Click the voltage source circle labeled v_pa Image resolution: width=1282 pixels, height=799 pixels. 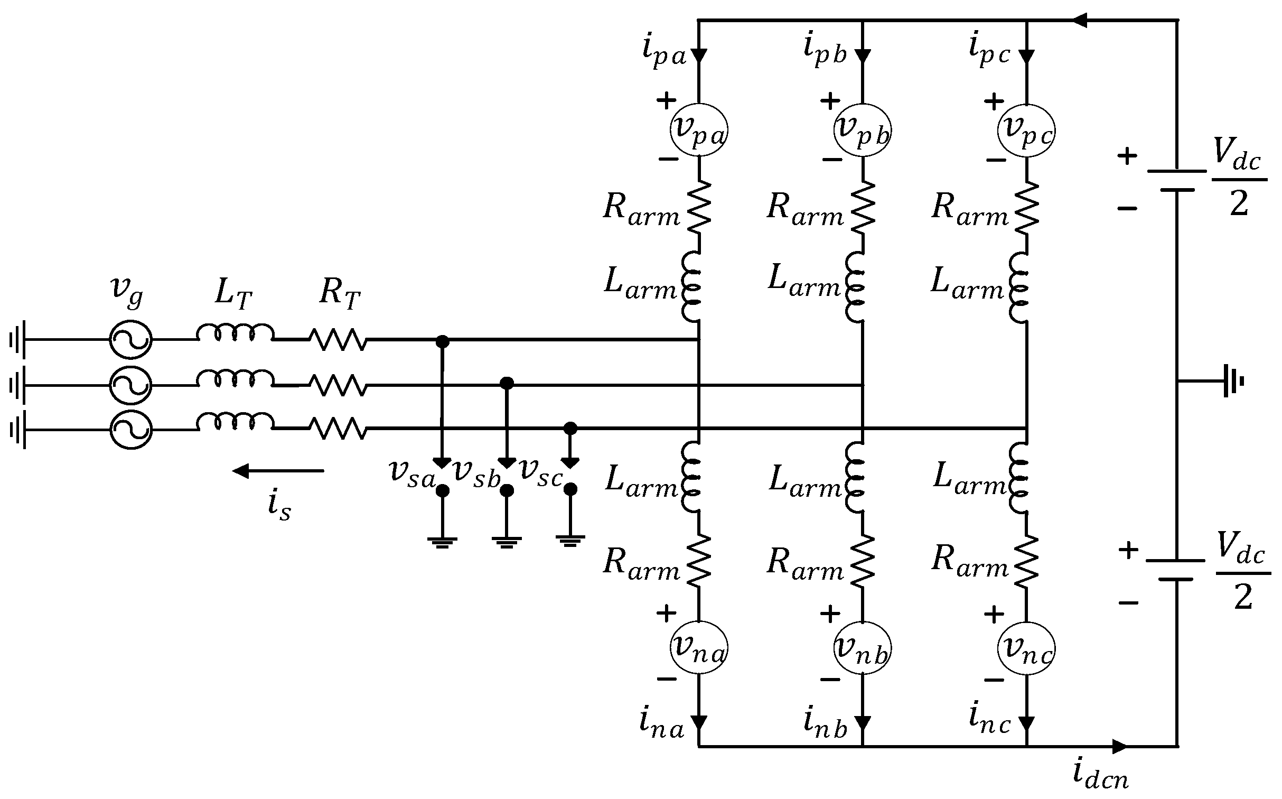[x=699, y=129]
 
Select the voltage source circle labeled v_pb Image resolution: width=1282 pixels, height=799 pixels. [x=863, y=129]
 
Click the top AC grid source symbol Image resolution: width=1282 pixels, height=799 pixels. [x=130, y=340]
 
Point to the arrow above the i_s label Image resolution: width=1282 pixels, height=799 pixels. [x=278, y=470]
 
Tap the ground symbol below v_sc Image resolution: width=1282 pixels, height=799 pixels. [x=570, y=540]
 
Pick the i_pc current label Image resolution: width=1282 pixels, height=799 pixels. [x=989, y=51]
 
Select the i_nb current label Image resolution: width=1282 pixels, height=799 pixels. [x=825, y=723]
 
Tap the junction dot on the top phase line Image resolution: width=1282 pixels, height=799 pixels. [x=442, y=342]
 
